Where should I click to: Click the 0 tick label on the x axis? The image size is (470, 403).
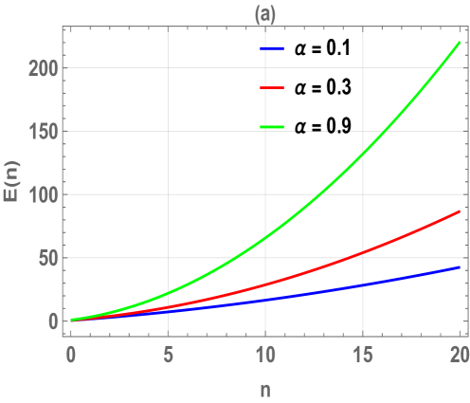[x=70, y=352]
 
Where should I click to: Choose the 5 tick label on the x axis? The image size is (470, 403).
[x=168, y=352]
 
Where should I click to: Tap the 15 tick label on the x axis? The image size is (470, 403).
[x=364, y=352]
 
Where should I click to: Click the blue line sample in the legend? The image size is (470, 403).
[x=273, y=47]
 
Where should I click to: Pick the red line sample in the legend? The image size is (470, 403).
[x=273, y=87]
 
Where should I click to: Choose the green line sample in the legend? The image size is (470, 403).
[x=273, y=127]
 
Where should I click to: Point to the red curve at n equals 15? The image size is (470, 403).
[x=364, y=253]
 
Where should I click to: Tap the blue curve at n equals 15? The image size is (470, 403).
[x=364, y=284]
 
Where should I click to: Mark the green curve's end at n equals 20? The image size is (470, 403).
[x=461, y=44]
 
